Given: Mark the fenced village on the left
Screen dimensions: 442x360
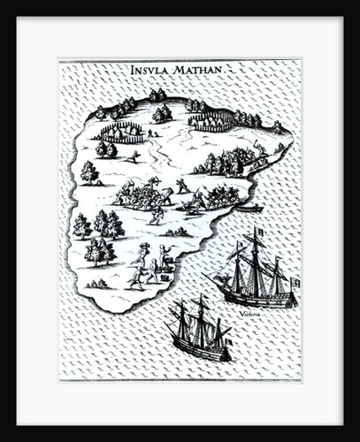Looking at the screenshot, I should [122, 133].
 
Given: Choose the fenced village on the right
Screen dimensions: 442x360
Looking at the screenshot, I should [211, 121].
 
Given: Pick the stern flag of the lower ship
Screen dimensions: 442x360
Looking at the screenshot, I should [227, 339].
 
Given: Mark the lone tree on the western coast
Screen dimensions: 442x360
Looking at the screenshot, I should [89, 171].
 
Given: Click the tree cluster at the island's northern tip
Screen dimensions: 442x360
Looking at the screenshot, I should [157, 95].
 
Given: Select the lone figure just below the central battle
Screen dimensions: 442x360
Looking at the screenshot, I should [157, 215].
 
